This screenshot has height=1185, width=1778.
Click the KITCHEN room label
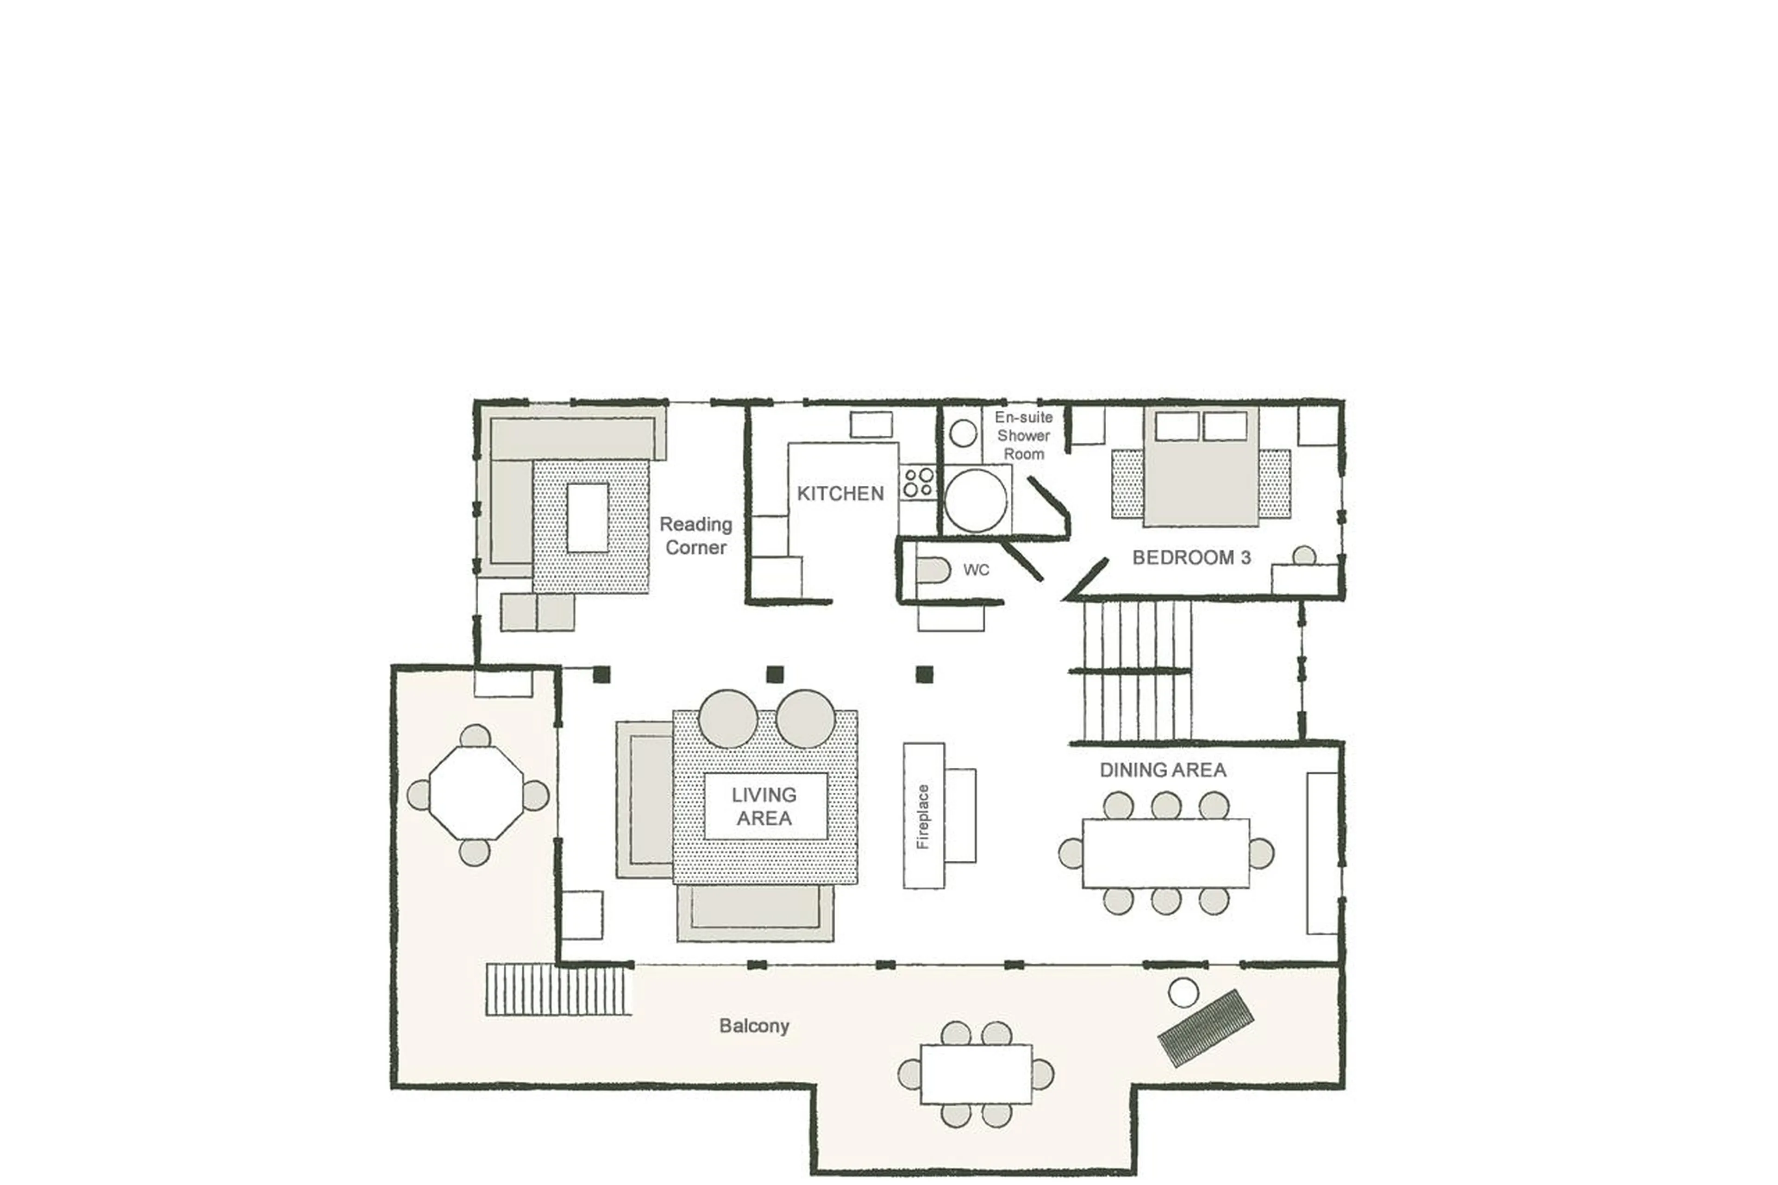[840, 494]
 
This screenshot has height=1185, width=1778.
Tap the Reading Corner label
[695, 536]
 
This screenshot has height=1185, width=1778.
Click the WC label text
[976, 571]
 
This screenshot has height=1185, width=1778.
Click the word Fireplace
[923, 817]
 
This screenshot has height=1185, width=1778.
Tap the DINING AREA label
[1162, 770]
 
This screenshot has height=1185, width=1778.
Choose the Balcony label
[754, 1026]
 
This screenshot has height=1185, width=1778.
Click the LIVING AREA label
[764, 806]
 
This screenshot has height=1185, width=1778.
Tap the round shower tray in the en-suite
[976, 500]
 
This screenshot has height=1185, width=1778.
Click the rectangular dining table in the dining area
[1165, 853]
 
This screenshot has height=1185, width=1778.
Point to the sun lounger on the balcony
[1206, 1028]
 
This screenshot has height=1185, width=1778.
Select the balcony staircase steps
[557, 989]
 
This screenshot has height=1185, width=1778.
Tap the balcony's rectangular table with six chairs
[976, 1074]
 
